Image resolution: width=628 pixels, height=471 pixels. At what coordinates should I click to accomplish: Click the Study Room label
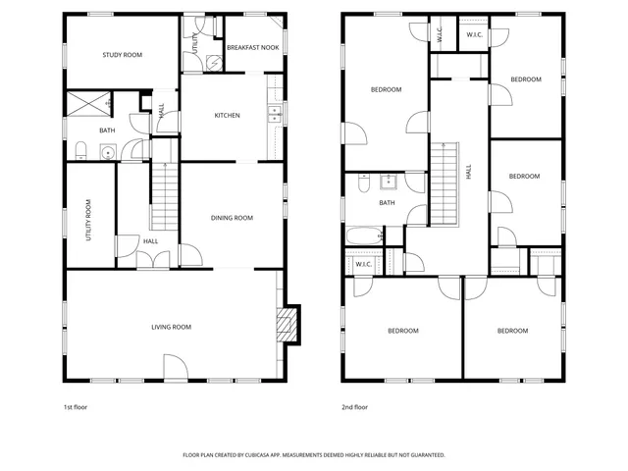[123, 55]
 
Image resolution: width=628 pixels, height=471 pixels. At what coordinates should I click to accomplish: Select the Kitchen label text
[228, 116]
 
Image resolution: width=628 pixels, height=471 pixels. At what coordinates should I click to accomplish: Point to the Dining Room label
[233, 218]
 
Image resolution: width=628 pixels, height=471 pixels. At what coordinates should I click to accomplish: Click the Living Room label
[171, 327]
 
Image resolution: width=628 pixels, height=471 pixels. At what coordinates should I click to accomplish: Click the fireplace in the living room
[286, 325]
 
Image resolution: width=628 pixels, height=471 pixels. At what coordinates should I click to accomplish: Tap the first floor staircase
[163, 195]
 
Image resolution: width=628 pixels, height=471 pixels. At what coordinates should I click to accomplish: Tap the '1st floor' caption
[76, 406]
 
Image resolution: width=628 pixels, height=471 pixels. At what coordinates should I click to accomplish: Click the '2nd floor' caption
[354, 406]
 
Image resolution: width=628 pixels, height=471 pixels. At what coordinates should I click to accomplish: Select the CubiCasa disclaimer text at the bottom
[314, 455]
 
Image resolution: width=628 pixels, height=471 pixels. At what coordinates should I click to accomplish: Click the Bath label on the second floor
[387, 203]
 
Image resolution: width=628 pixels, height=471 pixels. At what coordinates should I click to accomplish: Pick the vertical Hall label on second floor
[469, 170]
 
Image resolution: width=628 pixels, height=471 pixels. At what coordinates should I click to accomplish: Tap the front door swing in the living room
[174, 368]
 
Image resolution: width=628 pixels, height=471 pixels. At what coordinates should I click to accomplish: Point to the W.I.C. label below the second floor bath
[362, 263]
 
